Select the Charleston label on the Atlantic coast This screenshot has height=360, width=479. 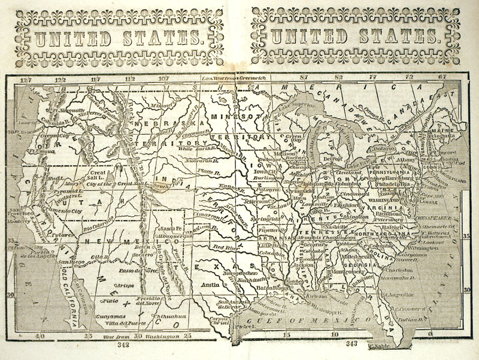[x=396, y=270]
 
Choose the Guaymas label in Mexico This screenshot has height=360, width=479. [x=111, y=313]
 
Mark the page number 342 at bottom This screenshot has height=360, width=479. [x=123, y=345]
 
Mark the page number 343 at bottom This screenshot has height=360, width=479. [x=351, y=343]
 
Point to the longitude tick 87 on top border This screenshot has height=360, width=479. [x=304, y=78]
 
